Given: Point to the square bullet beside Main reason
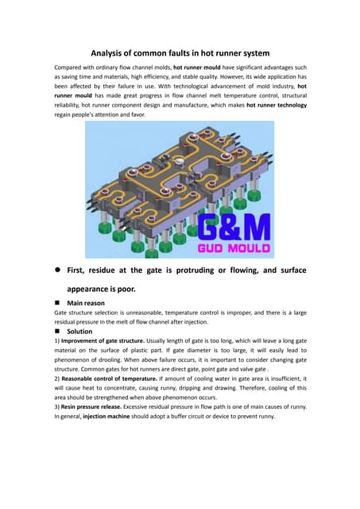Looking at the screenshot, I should point(58,303).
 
